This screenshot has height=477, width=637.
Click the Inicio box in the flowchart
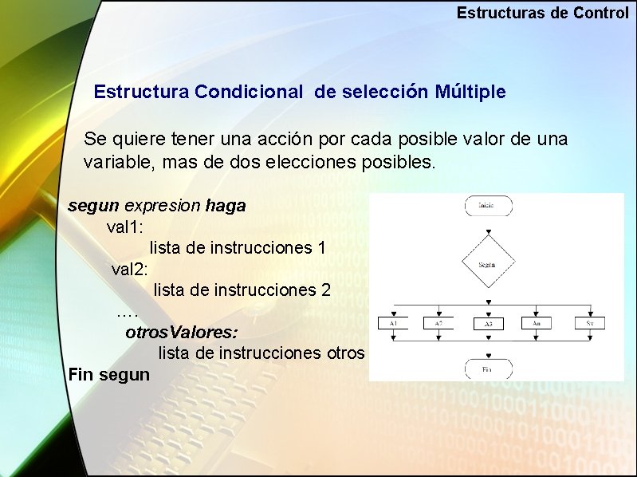[x=487, y=205]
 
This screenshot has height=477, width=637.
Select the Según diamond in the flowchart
[x=487, y=263]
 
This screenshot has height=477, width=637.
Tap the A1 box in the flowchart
[x=394, y=323]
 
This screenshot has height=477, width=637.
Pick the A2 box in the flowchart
[x=438, y=323]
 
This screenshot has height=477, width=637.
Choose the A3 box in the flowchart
[x=488, y=324]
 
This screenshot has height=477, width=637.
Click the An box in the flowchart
[x=537, y=323]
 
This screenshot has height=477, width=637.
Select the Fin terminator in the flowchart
[x=487, y=369]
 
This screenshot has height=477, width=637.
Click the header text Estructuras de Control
[x=542, y=14]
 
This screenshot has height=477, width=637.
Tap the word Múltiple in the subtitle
[x=470, y=92]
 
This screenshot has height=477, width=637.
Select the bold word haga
[x=226, y=206]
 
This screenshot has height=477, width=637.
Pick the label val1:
[x=125, y=227]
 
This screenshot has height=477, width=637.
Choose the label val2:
[x=130, y=269]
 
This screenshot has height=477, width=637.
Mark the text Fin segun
[x=109, y=374]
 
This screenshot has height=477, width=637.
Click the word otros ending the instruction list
[x=345, y=353]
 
